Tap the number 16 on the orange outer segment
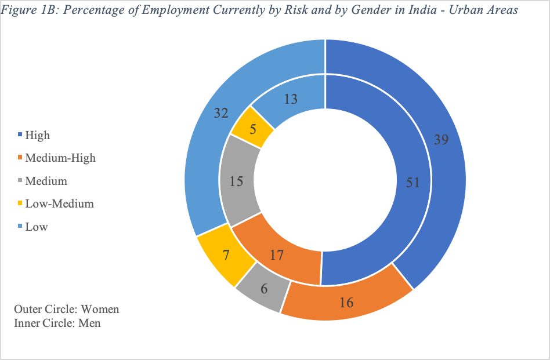pyautogui.click(x=346, y=302)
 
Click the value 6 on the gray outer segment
pyautogui.click(x=264, y=288)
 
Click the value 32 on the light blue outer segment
pyautogui.click(x=220, y=113)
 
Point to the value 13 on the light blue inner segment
pyautogui.click(x=291, y=99)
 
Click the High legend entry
pyautogui.click(x=37, y=135)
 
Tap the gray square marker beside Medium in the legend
pyautogui.click(x=20, y=181)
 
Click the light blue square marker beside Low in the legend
pyautogui.click(x=20, y=227)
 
